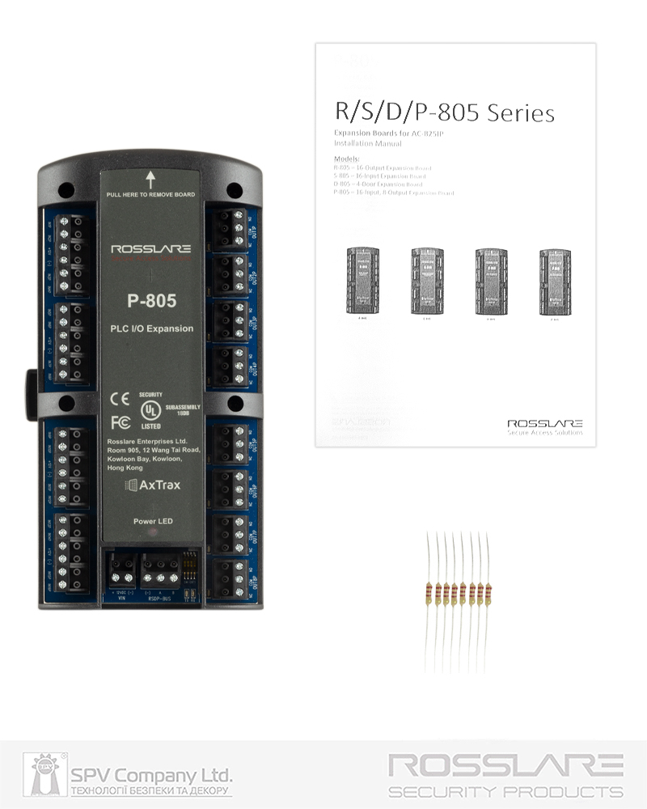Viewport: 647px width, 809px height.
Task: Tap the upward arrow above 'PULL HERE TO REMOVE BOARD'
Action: point(150,180)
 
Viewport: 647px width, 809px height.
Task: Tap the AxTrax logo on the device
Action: point(151,485)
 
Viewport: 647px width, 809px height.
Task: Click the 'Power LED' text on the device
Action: point(151,522)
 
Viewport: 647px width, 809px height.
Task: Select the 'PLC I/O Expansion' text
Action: point(151,329)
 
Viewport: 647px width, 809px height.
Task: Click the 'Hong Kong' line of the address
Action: point(125,468)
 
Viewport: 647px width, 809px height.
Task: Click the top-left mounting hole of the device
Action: point(68,191)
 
